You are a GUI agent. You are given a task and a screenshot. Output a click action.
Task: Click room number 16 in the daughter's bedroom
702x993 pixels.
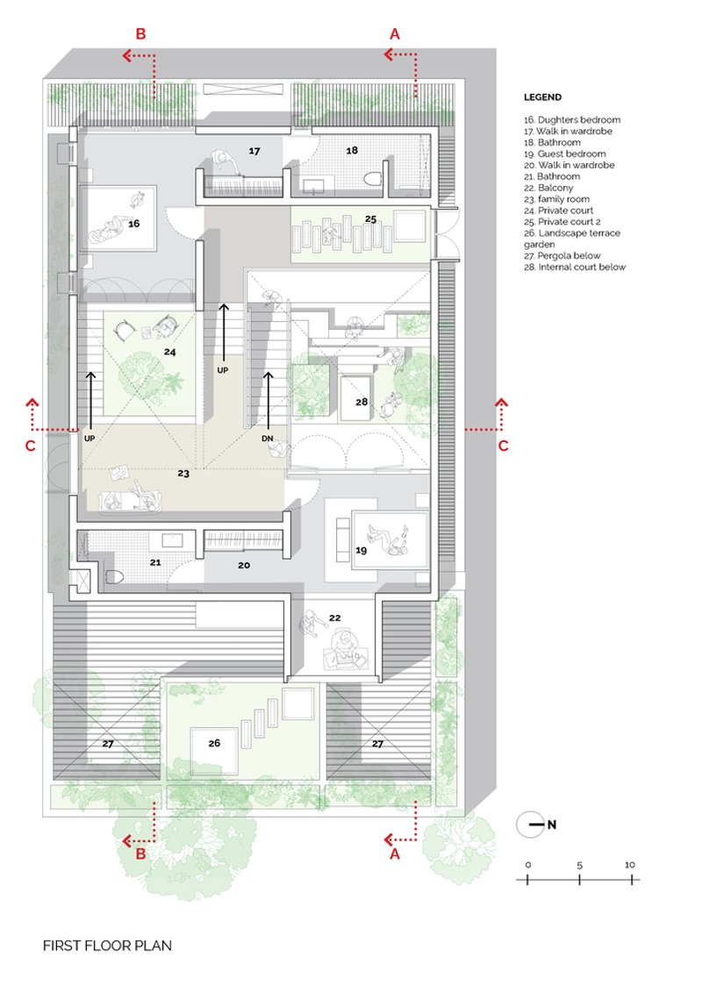click(x=133, y=224)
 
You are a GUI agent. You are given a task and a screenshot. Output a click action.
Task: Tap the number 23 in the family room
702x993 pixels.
click(x=183, y=473)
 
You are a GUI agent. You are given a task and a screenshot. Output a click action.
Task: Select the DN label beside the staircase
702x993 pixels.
click(x=267, y=439)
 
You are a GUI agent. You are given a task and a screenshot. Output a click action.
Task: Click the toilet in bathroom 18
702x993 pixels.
click(x=374, y=179)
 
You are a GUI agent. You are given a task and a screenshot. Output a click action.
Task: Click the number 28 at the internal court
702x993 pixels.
click(x=362, y=402)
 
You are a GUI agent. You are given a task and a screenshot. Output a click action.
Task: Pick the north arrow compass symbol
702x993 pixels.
click(x=531, y=825)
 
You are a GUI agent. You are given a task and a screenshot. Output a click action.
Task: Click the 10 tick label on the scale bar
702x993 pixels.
click(x=629, y=865)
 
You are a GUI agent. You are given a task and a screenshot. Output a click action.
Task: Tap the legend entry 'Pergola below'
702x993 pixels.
click(x=562, y=256)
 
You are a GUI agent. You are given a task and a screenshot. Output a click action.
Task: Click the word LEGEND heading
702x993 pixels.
click(x=542, y=97)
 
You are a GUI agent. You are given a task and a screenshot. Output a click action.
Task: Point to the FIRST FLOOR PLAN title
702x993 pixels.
click(x=107, y=946)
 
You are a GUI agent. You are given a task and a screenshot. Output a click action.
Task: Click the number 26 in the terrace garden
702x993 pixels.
click(x=214, y=743)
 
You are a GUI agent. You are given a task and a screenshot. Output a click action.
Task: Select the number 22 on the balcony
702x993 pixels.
click(x=335, y=618)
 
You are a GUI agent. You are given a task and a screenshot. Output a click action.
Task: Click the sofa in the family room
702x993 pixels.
click(x=132, y=501)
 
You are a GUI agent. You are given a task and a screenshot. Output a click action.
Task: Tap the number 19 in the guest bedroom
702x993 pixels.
click(x=362, y=550)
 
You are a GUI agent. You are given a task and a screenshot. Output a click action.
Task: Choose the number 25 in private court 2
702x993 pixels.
click(x=370, y=219)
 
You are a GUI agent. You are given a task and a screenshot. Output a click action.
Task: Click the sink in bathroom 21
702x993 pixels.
click(x=171, y=540)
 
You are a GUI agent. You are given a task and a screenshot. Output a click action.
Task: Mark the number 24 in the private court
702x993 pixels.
click(x=170, y=352)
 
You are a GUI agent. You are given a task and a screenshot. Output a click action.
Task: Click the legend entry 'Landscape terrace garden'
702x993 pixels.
click(x=572, y=239)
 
